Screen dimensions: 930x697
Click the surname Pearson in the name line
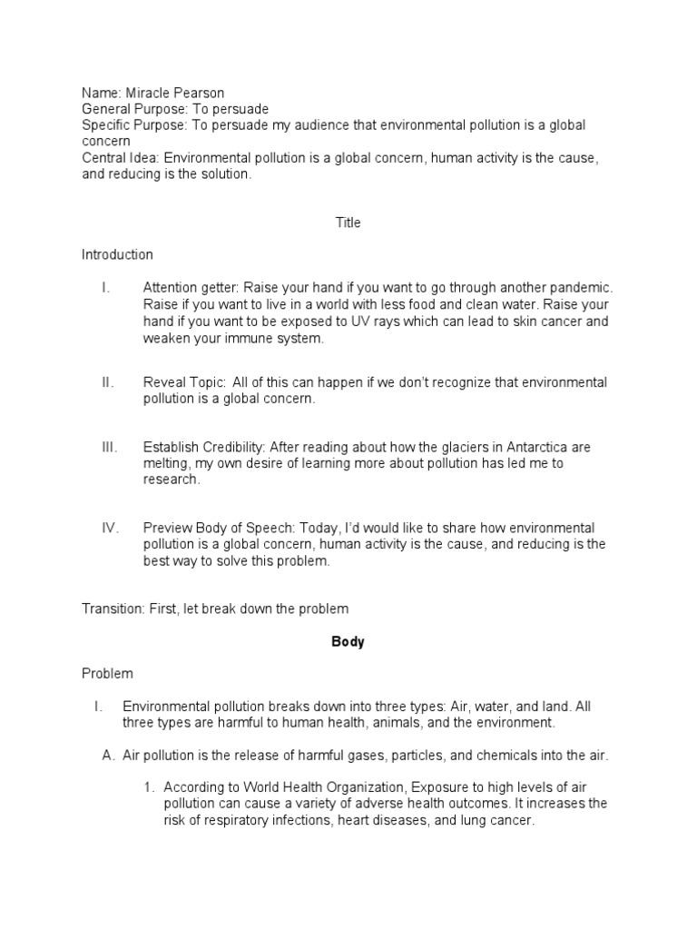click(x=200, y=93)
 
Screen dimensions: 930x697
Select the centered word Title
click(x=348, y=223)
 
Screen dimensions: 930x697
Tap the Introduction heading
click(x=117, y=255)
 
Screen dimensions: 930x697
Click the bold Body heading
click(x=348, y=642)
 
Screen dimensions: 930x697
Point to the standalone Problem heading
click(x=107, y=674)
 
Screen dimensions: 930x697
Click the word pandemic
click(x=589, y=288)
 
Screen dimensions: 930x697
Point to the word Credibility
click(x=231, y=448)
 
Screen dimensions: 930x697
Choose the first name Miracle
click(x=142, y=93)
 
